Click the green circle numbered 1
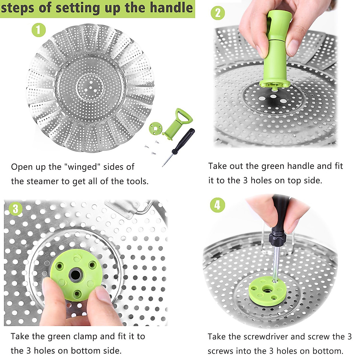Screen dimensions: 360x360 (x=39, y=30)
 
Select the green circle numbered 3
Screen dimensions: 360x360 (x=16, y=209)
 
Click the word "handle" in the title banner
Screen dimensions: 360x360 (x=171, y=8)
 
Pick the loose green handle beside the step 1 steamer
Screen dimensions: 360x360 (x=177, y=123)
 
